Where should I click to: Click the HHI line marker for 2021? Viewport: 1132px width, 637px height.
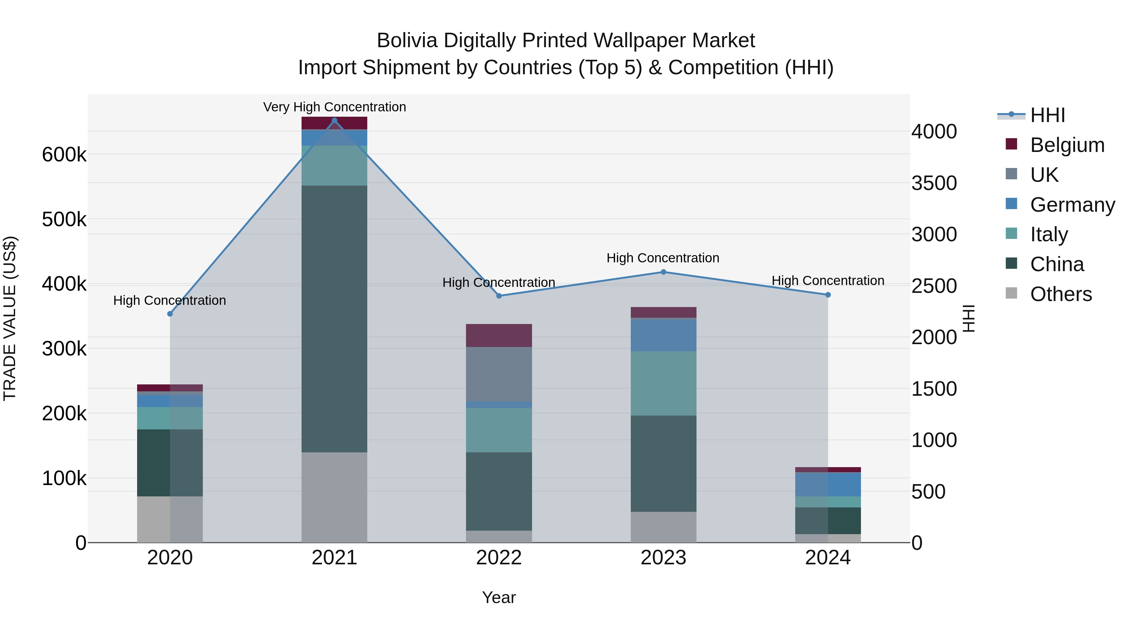pos(335,120)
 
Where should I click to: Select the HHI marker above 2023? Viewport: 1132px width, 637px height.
pos(663,272)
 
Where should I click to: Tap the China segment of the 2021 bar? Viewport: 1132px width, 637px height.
pos(335,319)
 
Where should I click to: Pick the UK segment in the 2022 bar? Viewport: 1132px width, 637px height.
pos(499,374)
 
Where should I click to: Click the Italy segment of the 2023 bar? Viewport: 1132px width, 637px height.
pos(663,383)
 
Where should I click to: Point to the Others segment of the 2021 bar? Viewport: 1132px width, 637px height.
pos(335,497)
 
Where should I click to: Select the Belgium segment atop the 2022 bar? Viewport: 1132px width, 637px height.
pos(499,335)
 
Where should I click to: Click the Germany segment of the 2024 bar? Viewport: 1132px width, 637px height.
pos(828,484)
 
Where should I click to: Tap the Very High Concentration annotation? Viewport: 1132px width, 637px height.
pos(335,107)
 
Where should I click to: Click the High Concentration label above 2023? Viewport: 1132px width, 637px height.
pos(663,258)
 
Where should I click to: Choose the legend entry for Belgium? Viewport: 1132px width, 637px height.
pos(1067,145)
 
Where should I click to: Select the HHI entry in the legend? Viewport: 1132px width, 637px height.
pos(1047,115)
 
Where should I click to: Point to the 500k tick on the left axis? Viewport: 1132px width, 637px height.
pos(64,219)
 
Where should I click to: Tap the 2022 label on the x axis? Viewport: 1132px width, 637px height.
pos(499,558)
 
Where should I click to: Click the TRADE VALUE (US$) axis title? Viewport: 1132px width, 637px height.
pos(10,318)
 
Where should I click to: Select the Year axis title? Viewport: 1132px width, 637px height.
pos(499,597)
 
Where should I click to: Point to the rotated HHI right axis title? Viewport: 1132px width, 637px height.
pos(968,318)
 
